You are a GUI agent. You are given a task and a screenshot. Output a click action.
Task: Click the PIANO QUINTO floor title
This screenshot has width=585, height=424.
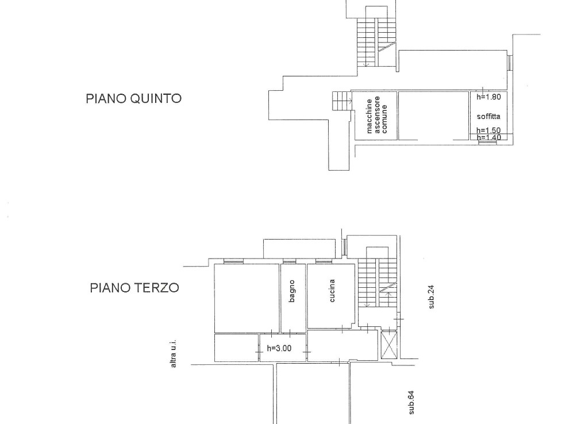tap(133, 98)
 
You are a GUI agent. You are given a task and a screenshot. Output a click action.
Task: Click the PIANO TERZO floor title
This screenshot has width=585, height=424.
tap(134, 288)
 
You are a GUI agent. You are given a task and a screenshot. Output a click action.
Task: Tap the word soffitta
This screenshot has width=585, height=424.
tap(488, 117)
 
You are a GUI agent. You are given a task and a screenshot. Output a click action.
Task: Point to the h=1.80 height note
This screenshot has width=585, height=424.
tap(488, 97)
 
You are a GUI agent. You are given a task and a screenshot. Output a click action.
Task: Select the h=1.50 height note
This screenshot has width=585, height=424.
tap(488, 130)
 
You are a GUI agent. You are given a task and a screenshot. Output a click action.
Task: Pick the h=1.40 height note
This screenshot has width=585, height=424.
tap(488, 137)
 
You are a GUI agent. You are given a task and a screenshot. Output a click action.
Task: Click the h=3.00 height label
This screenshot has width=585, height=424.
tap(279, 348)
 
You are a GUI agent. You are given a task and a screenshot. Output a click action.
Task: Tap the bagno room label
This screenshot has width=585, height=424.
tap(292, 291)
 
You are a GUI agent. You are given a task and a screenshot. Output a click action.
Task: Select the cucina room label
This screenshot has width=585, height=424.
tap(332, 291)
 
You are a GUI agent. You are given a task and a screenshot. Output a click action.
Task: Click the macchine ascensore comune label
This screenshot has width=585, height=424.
tap(376, 115)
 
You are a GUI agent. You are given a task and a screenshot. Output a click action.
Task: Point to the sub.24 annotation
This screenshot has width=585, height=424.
tap(432, 297)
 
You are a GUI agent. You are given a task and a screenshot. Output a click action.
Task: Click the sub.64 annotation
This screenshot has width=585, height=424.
tap(411, 402)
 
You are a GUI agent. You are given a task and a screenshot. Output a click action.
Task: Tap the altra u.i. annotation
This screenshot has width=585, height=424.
tap(173, 354)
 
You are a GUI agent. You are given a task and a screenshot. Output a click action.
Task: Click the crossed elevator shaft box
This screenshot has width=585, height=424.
tap(389, 345)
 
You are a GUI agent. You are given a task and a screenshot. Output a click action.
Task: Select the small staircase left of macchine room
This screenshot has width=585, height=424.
tap(342, 101)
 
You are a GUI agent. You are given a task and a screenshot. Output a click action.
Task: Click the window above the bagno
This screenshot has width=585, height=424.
tap(289, 261)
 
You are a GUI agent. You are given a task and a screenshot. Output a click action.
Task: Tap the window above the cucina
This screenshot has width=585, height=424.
tap(324, 261)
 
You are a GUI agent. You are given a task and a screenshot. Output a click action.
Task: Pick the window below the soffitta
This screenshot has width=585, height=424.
tap(488, 142)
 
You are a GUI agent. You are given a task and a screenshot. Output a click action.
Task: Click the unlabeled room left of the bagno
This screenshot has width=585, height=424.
tap(247, 298)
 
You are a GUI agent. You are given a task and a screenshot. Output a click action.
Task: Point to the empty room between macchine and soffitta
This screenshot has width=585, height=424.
tap(433, 115)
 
